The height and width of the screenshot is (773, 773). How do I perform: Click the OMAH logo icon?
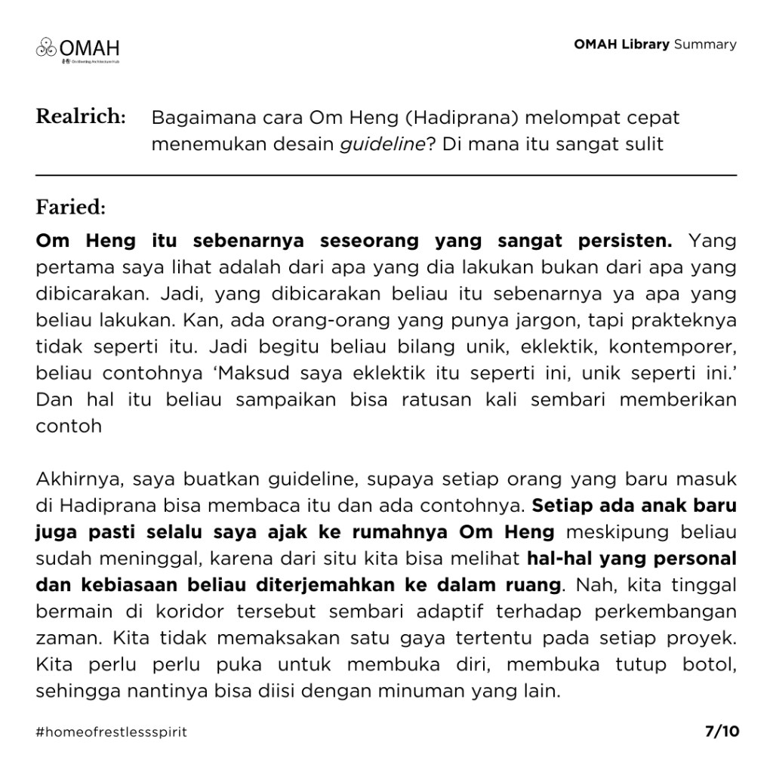(46, 47)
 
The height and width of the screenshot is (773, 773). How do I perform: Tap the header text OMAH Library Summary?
(654, 44)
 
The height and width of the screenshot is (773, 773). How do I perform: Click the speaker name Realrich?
(81, 117)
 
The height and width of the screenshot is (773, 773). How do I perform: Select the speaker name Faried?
(70, 207)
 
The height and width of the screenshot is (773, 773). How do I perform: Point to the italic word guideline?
(382, 144)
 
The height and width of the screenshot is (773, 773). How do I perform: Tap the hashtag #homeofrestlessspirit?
(111, 732)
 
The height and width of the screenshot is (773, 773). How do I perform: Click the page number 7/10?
(722, 731)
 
